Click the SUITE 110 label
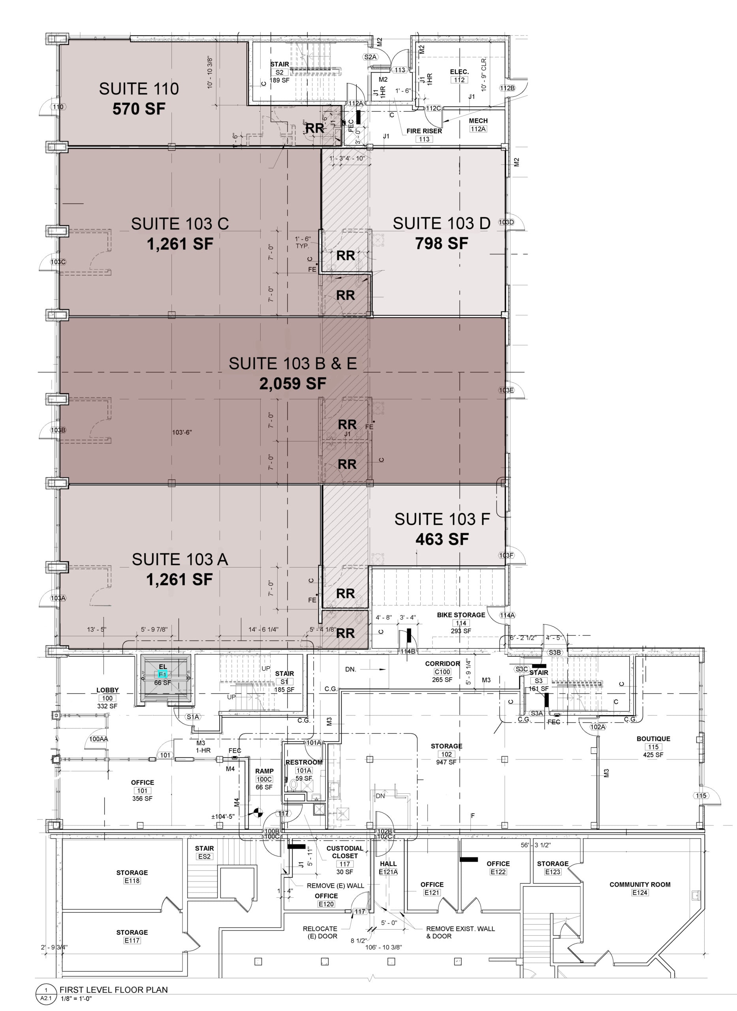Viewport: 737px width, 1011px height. pos(139,89)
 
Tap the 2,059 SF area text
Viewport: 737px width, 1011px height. pos(293,383)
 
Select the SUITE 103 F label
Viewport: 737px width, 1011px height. pos(442,519)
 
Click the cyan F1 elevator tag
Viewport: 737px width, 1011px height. pos(162,674)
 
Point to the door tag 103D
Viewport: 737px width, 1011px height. pos(506,222)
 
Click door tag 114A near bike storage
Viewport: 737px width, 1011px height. pos(507,615)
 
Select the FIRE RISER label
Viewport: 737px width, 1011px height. pos(424,131)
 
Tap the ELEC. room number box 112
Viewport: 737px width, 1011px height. pos(459,80)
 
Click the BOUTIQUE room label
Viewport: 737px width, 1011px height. pos(653,739)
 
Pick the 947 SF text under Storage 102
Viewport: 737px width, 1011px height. pos(446,762)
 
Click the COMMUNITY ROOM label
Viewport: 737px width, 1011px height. pos(640,884)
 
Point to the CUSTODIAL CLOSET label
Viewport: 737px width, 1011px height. pos(344,852)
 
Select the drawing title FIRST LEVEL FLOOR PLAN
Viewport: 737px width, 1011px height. pos(114,990)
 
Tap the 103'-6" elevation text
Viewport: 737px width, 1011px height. pos(182,432)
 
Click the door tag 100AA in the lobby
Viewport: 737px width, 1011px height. pos(99,739)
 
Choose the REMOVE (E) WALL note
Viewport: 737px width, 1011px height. pos(335,886)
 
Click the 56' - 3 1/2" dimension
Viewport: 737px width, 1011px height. pos(535,845)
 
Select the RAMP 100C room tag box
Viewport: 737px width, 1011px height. pos(264,780)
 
